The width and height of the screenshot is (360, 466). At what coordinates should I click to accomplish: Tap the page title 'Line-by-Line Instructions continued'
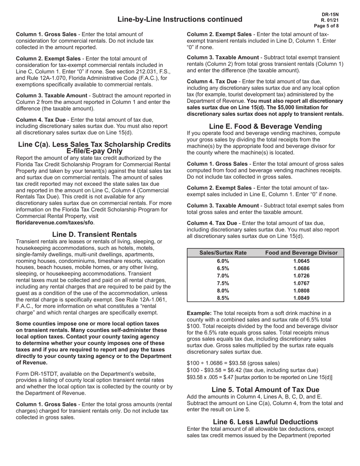[180, 19]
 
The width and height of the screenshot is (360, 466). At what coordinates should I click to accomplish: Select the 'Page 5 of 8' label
[327, 26]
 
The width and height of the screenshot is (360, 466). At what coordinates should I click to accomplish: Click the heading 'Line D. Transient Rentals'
[94, 235]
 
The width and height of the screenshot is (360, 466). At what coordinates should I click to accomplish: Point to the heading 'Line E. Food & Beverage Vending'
[265, 126]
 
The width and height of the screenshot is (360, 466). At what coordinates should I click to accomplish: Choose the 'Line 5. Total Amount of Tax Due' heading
[265, 389]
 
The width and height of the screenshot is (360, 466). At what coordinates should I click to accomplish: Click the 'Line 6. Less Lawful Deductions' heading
[265, 422]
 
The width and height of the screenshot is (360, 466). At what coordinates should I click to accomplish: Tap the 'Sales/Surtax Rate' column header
[223, 253]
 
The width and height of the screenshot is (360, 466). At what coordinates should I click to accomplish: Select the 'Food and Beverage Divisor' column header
[301, 253]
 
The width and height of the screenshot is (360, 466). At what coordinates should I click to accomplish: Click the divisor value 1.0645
[301, 261]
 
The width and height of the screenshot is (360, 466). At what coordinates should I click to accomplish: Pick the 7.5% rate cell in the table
[223, 283]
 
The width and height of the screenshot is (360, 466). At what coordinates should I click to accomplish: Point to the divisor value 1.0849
[301, 298]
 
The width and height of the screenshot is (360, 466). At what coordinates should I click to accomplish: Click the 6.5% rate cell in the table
[223, 268]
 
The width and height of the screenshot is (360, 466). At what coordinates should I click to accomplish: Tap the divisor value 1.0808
[301, 291]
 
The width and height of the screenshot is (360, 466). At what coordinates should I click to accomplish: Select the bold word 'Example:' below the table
[199, 313]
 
